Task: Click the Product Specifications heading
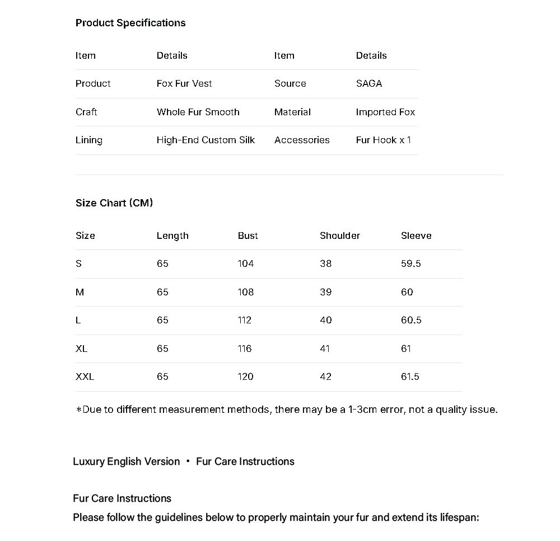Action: pyautogui.click(x=130, y=23)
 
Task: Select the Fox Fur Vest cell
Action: pyautogui.click(x=184, y=83)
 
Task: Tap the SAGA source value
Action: pyautogui.click(x=368, y=83)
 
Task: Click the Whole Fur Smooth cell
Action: pyautogui.click(x=198, y=112)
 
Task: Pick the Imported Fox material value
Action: pyautogui.click(x=385, y=112)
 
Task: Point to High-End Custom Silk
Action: pyautogui.click(x=206, y=140)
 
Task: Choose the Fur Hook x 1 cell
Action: pyautogui.click(x=383, y=140)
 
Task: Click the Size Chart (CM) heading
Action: pyautogui.click(x=114, y=203)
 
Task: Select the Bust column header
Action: pyautogui.click(x=248, y=236)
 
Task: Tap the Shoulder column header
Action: pyautogui.click(x=339, y=236)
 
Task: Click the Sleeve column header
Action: pyautogui.click(x=416, y=236)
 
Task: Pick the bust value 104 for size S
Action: pyautogui.click(x=245, y=264)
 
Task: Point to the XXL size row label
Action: pyautogui.click(x=85, y=377)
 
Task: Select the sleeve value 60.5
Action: pyautogui.click(x=411, y=320)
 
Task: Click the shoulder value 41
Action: pyautogui.click(x=325, y=349)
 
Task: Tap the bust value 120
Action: pyautogui.click(x=245, y=377)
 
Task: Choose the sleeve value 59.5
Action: pyautogui.click(x=410, y=264)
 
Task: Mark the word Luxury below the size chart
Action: pyautogui.click(x=88, y=462)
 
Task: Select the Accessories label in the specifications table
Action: pyautogui.click(x=302, y=140)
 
